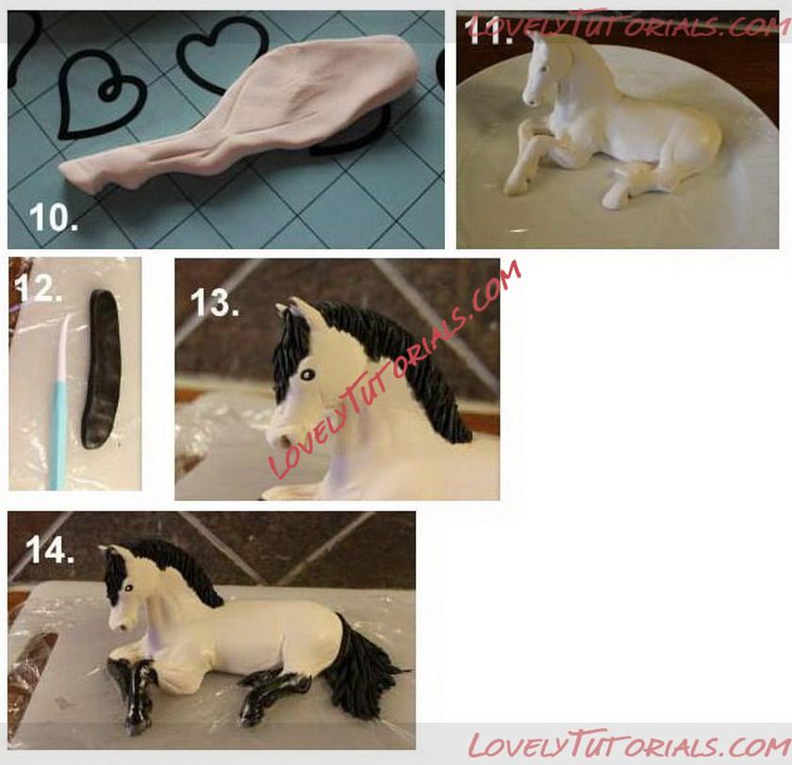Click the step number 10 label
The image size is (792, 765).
(54, 217)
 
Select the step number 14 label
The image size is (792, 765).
(50, 550)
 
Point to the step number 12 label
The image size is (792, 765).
(38, 289)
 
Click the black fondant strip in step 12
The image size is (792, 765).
(103, 369)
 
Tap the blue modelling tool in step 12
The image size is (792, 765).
(59, 405)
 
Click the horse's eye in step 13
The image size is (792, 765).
(307, 374)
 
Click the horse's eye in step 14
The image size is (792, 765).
(128, 588)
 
